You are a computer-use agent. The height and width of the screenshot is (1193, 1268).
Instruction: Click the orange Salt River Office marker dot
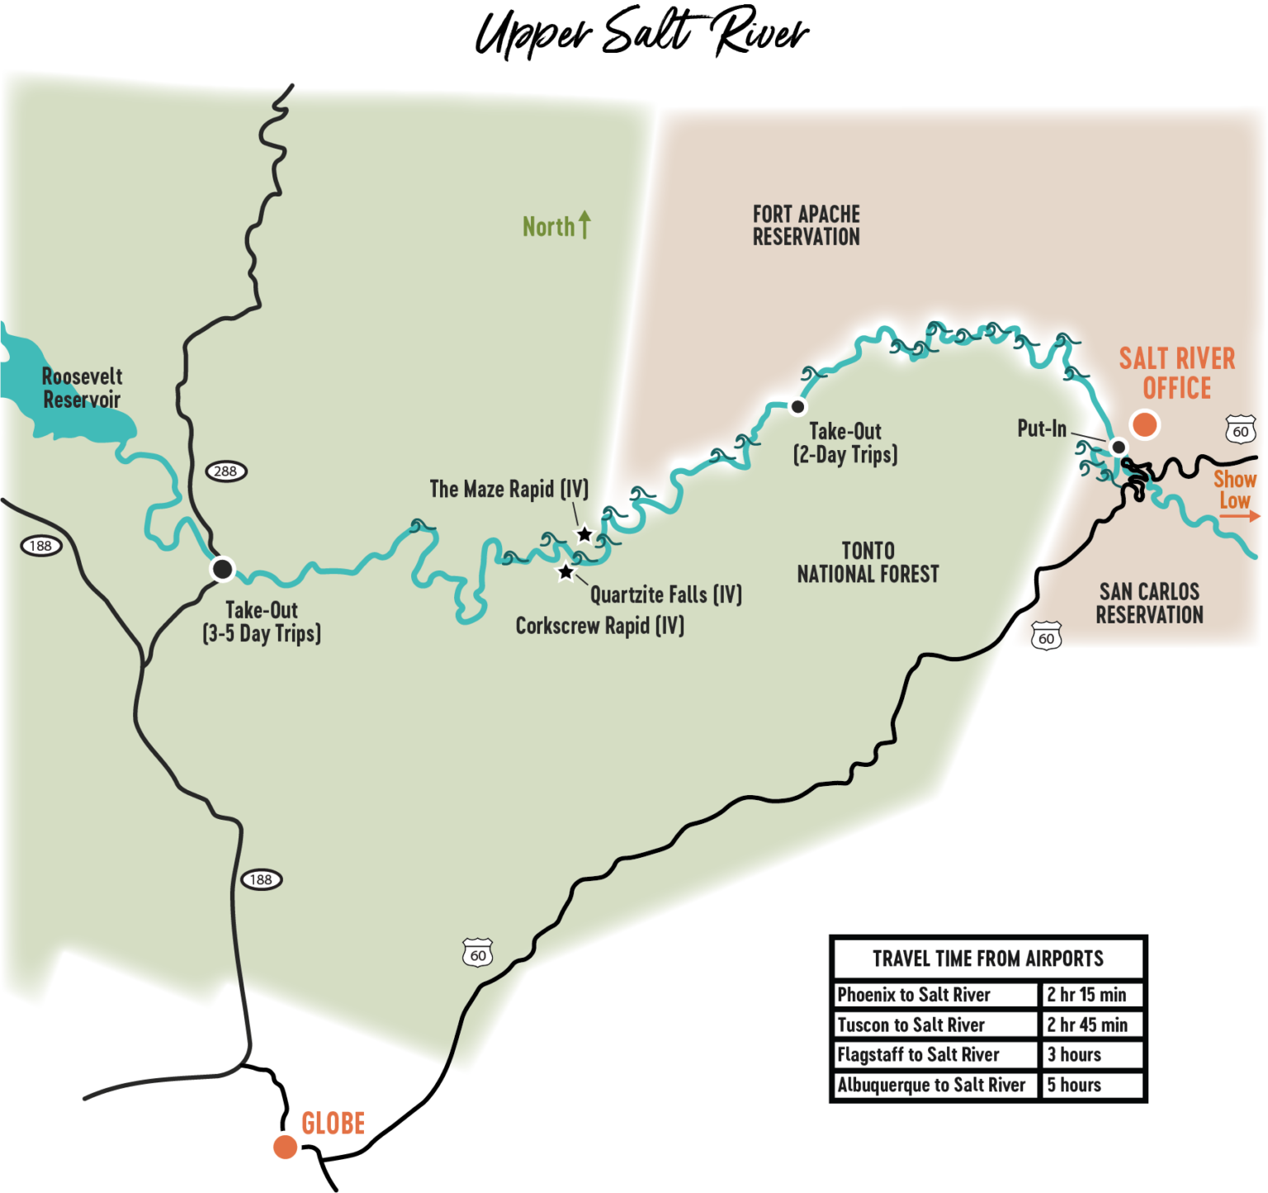(1144, 424)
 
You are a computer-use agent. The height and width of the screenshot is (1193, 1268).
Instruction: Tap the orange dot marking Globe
(285, 1147)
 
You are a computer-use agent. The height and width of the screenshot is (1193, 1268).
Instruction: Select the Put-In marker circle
(1118, 447)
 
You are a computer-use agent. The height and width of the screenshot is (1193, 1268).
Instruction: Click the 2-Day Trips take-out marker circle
(797, 406)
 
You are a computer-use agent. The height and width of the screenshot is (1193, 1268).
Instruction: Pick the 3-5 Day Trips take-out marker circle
(222, 569)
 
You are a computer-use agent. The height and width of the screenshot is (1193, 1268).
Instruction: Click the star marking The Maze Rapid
(584, 534)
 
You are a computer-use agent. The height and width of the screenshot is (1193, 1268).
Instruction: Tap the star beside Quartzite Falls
(565, 571)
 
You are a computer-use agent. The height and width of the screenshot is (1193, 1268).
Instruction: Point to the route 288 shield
(225, 471)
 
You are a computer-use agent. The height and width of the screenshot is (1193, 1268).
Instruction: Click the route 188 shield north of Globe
(262, 879)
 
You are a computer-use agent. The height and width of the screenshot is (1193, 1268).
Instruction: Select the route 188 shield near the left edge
(40, 546)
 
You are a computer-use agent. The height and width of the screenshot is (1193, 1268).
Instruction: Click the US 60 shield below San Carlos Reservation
(1046, 637)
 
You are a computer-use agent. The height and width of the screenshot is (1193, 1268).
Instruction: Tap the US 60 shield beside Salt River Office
(1240, 431)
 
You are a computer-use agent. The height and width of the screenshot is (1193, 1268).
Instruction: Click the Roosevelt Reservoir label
(82, 388)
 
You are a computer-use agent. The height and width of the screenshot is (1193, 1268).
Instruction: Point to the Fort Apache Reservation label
(806, 225)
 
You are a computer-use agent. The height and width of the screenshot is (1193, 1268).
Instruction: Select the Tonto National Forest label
(868, 562)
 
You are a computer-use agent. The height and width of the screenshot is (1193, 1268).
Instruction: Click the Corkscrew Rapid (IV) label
(599, 626)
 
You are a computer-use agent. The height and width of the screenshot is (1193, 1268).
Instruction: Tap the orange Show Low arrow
(1239, 516)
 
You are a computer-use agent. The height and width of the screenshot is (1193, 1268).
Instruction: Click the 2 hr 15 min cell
(1086, 994)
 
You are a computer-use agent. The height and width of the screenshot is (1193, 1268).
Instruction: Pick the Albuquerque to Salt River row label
(931, 1085)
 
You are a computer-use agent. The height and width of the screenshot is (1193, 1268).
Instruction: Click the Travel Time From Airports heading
(987, 959)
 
